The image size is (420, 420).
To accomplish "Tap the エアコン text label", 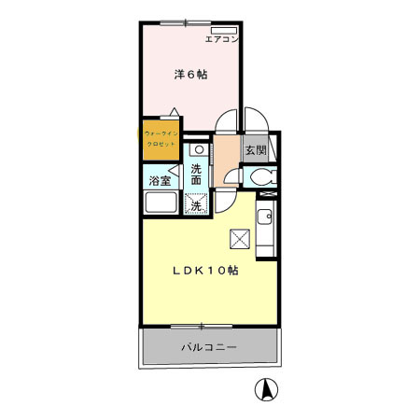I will click(222, 40).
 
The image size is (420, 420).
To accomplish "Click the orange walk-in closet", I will click(161, 139).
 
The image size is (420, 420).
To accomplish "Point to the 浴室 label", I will click(160, 180).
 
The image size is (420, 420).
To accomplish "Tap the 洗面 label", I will click(197, 175).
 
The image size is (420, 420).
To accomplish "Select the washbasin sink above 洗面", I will click(198, 149).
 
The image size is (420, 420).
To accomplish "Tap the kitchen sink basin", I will click(264, 221).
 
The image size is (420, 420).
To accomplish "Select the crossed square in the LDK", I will click(240, 240).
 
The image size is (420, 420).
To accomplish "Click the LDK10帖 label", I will click(203, 271).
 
